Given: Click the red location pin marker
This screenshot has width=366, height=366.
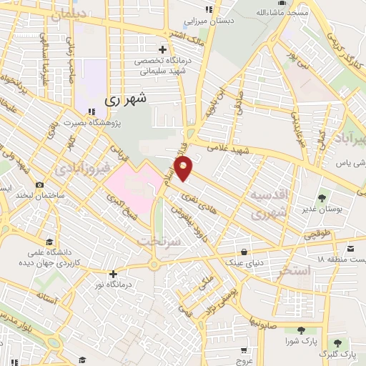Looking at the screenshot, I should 184,168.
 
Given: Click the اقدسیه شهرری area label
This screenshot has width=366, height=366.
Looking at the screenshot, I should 269,204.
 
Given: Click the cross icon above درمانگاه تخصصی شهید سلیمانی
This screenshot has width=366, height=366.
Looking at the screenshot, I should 163,49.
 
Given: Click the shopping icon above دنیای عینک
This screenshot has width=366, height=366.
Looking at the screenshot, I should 245,251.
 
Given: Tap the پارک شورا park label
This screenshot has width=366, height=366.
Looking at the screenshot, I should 300,342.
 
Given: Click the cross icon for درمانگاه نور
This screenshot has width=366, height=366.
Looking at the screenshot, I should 113,274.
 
